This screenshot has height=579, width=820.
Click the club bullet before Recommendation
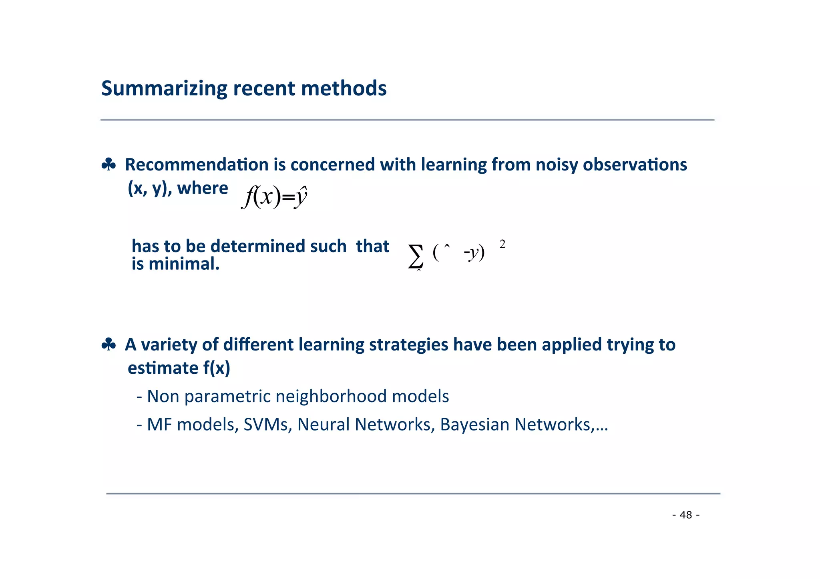tap(109, 164)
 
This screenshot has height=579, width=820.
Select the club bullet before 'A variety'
tap(109, 345)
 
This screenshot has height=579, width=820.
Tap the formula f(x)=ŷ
tap(275, 197)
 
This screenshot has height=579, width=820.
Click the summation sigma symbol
tap(416, 256)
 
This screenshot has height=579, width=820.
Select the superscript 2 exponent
tap(502, 244)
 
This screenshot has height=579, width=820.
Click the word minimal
tap(184, 264)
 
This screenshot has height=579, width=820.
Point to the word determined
tap(256, 246)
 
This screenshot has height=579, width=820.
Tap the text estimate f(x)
tap(179, 368)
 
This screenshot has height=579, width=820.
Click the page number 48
tap(686, 515)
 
